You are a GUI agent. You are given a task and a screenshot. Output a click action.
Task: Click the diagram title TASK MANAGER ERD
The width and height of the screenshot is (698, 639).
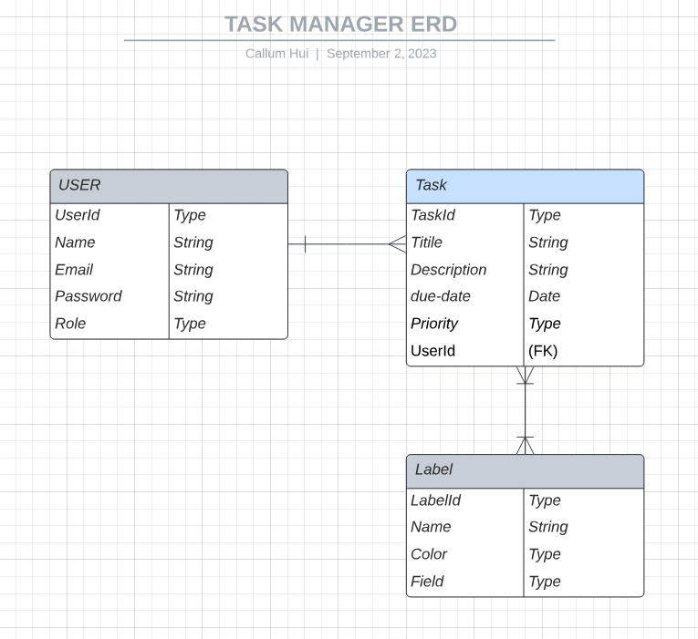(340, 24)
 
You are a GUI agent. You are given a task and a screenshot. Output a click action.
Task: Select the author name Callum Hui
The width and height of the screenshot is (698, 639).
(277, 54)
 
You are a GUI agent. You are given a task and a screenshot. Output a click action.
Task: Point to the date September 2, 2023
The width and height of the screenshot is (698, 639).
(381, 54)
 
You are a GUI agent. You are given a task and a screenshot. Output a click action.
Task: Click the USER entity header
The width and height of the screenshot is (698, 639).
(169, 186)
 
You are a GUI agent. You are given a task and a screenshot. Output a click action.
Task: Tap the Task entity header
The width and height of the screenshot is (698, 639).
(525, 186)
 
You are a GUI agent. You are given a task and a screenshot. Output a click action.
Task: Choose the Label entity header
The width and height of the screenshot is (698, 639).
(525, 470)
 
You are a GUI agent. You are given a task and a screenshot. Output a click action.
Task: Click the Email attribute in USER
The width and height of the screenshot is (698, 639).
(74, 270)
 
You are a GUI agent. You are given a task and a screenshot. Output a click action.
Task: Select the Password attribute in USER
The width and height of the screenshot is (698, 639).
(88, 296)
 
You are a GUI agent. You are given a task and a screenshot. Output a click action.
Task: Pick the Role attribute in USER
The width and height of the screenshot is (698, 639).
(70, 324)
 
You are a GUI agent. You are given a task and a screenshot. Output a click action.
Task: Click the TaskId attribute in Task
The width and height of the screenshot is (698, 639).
(432, 216)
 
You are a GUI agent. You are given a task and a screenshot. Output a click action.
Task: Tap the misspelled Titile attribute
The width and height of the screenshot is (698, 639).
(426, 242)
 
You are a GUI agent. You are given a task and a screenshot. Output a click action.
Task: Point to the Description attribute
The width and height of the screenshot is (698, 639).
(448, 270)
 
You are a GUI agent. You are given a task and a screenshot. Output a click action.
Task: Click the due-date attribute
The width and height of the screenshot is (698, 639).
(441, 296)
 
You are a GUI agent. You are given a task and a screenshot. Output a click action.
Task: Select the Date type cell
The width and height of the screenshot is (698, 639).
(544, 296)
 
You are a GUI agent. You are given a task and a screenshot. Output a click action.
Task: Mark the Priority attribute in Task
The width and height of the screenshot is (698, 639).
(434, 324)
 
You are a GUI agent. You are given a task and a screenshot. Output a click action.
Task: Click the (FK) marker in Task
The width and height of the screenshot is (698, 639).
(543, 351)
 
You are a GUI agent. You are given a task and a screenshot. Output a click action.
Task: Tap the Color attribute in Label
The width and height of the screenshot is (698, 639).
(429, 554)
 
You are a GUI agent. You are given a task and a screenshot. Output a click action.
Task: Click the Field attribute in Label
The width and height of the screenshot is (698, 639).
(427, 582)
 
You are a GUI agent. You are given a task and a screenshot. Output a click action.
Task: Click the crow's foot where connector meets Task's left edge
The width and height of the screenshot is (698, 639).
(397, 243)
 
